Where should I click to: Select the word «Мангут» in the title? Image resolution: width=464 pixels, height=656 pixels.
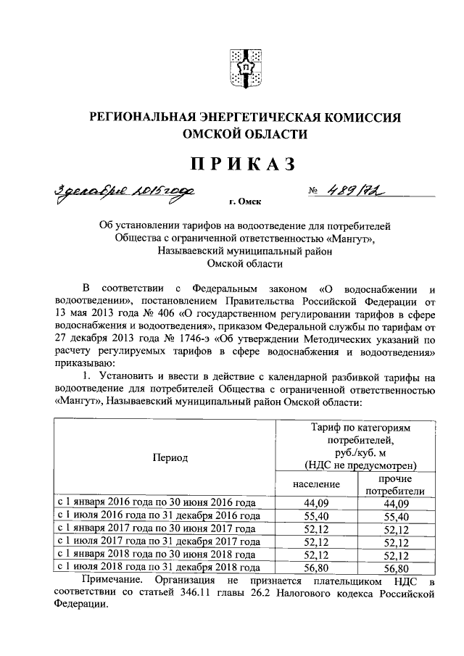pos(351,238)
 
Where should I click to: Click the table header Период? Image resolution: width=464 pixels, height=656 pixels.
pos(170,457)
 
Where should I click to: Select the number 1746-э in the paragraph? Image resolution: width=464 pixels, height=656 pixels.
pos(191,339)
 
